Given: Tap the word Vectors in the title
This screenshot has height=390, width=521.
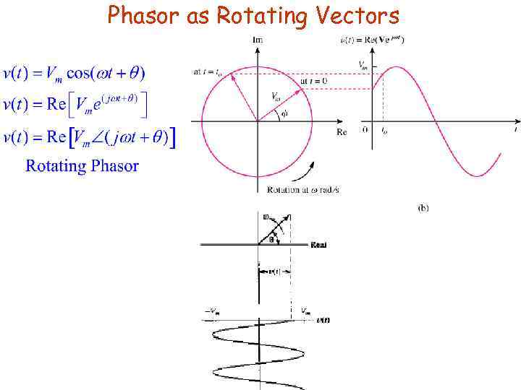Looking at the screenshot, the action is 359,16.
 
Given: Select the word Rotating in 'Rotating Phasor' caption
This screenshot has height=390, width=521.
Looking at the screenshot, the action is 56,166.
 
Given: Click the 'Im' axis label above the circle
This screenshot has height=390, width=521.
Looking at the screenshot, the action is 258,40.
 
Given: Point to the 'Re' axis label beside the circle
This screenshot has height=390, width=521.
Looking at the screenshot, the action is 342,132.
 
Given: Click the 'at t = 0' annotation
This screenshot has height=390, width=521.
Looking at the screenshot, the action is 313,81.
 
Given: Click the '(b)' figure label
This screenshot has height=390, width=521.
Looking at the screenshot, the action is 423,208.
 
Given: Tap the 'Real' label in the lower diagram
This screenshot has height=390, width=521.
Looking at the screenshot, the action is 318,245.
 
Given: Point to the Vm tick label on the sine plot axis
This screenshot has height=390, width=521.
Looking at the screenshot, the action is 363,66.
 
